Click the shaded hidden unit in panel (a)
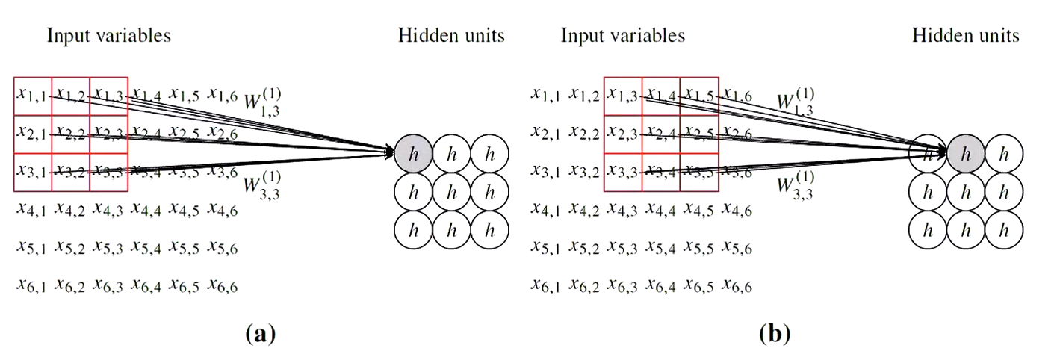pos(413,153)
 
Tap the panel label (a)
pos(260,333)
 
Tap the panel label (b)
pos(775,333)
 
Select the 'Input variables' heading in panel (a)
pos(109,35)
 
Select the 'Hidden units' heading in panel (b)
pos(966,35)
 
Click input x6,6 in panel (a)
pos(223,285)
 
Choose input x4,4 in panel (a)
pos(146,210)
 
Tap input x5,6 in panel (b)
pos(737,247)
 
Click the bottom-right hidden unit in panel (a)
pos(490,230)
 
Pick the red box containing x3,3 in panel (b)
pos(622,172)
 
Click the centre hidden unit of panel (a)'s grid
pos(451,192)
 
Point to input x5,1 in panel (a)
pos(31,247)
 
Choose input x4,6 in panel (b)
pos(737,210)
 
